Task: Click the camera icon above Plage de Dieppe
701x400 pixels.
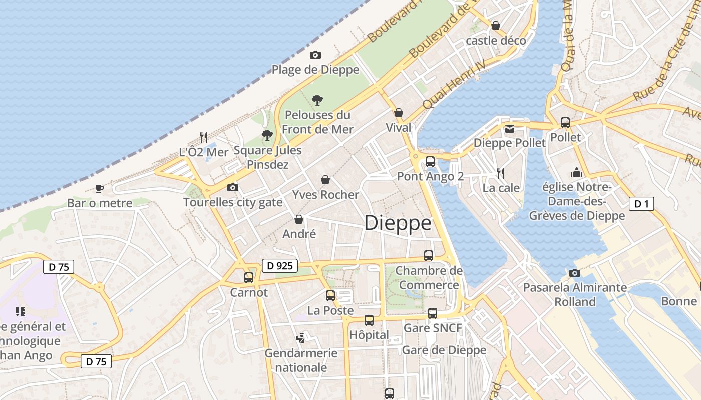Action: (315, 55)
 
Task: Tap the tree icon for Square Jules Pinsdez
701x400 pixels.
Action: (267, 135)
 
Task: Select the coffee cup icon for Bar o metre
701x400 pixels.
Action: (100, 188)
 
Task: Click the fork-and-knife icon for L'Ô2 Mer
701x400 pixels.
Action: (204, 137)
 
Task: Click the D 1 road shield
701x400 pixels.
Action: (641, 203)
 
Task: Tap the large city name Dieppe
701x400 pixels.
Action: (398, 223)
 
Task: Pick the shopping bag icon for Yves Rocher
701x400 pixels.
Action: (325, 180)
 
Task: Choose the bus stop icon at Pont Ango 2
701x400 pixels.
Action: (430, 161)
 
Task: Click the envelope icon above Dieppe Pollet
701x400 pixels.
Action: (510, 128)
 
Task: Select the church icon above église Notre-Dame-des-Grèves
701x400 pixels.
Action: (577, 172)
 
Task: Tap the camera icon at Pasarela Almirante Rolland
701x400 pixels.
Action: (574, 273)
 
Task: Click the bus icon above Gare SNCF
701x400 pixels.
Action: (433, 313)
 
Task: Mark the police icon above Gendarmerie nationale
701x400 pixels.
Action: (300, 338)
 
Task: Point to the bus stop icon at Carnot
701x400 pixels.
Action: (249, 277)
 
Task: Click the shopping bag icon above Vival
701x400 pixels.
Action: (399, 113)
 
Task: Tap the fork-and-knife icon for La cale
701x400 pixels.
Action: (501, 173)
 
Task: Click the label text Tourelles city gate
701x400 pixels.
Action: (233, 202)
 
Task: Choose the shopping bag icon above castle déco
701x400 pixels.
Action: (496, 25)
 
